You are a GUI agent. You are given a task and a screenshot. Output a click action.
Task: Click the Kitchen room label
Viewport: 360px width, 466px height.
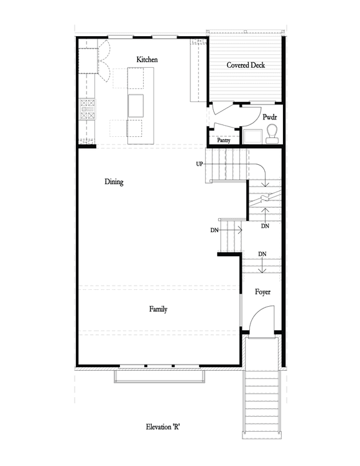(147, 60)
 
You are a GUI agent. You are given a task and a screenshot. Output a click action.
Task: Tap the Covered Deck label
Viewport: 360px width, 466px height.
(246, 65)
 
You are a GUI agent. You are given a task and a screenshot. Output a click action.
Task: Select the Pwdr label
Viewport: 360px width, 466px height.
(270, 117)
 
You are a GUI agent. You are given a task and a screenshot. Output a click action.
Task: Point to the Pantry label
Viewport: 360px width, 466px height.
(223, 140)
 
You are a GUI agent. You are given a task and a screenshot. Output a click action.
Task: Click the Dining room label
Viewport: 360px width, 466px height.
(114, 182)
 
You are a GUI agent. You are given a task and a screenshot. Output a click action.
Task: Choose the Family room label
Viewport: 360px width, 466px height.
(158, 309)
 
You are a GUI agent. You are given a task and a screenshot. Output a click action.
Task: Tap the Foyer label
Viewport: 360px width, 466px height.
(262, 292)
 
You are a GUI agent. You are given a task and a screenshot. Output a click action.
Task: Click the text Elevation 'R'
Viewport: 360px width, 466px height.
(163, 427)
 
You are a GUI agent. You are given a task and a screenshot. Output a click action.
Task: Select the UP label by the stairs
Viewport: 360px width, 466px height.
(200, 164)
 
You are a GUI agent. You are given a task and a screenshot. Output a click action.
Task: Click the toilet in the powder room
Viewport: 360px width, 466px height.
(272, 134)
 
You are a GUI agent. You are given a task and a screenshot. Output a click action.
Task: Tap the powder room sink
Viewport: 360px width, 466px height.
(252, 136)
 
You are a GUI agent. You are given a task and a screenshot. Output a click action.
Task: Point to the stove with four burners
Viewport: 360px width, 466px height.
(88, 109)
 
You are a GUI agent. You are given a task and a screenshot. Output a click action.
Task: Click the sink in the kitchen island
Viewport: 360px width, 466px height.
(136, 106)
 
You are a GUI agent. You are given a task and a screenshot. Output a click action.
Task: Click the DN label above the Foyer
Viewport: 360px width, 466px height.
(262, 254)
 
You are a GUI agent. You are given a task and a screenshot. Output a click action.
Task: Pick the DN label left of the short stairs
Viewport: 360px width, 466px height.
(214, 230)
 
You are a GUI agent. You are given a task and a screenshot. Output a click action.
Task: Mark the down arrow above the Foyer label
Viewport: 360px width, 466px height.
(262, 266)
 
